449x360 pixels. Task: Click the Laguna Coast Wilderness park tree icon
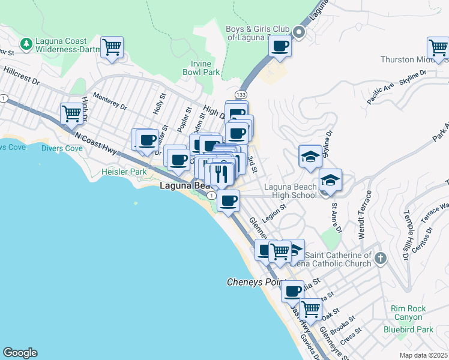(26, 44)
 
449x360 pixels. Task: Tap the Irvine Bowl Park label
(202, 68)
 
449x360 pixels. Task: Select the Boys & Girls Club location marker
(299, 32)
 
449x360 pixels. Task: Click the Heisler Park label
(124, 172)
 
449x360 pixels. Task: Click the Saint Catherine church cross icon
(379, 258)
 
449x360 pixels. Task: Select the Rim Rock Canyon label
(408, 313)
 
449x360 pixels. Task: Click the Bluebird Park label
(408, 329)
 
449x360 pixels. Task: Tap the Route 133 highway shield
(241, 94)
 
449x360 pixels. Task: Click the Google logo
(20, 353)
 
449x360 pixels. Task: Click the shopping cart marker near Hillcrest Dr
(112, 48)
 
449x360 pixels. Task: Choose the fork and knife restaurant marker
(223, 175)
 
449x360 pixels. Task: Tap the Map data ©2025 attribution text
(423, 355)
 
